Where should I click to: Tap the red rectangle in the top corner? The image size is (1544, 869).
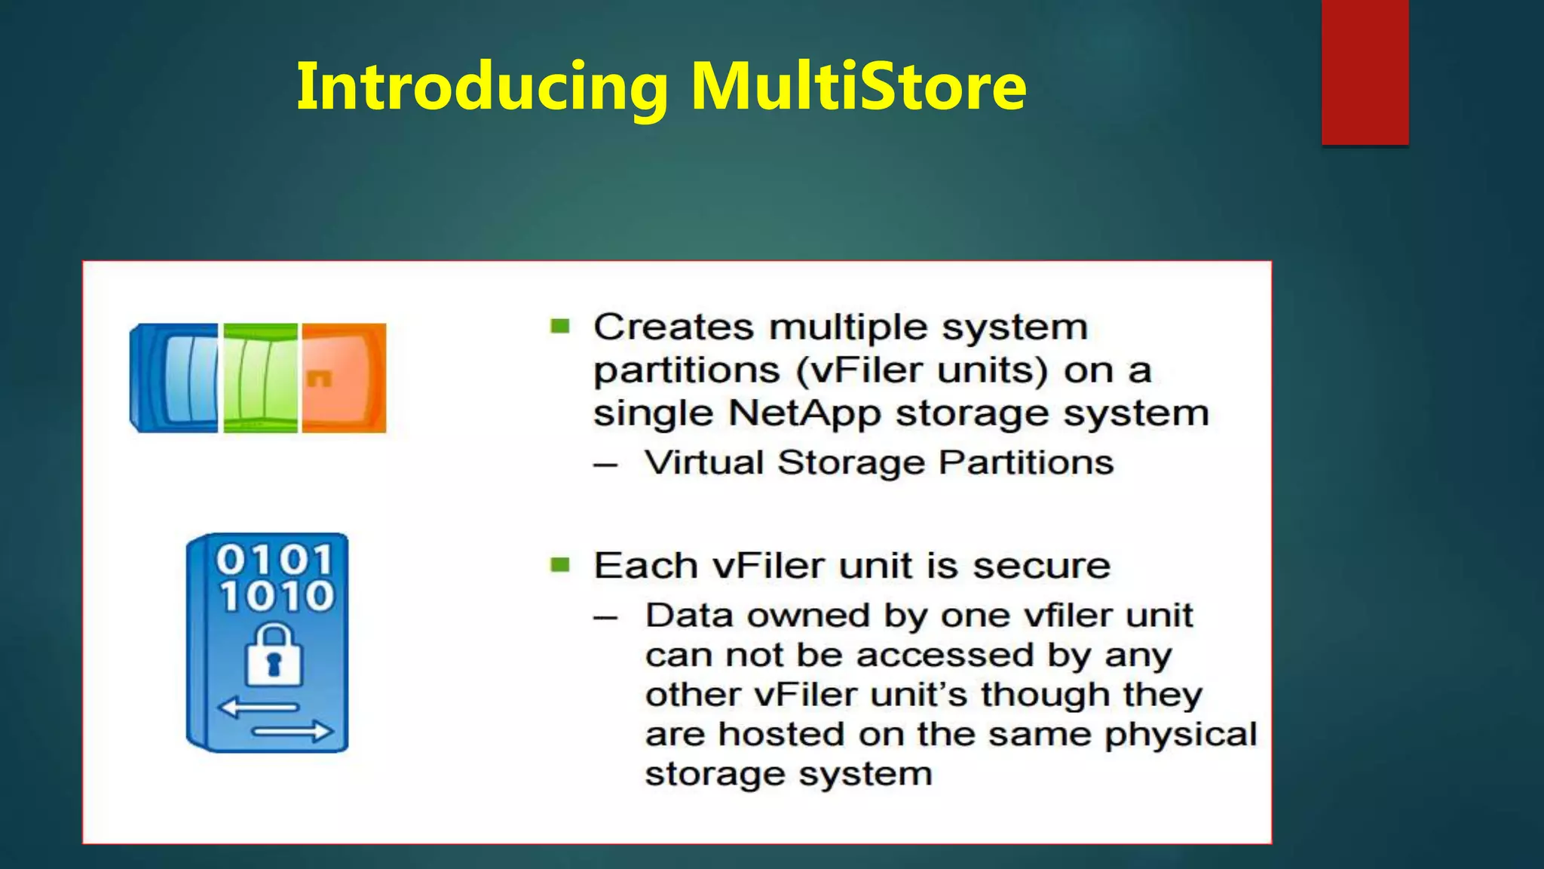pyautogui.click(x=1365, y=72)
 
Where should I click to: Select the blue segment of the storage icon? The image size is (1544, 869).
pyautogui.click(x=175, y=377)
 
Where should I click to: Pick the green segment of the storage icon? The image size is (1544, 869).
pyautogui.click(x=261, y=377)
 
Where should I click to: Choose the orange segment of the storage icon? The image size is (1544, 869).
pyautogui.click(x=344, y=377)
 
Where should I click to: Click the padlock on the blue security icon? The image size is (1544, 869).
pyautogui.click(x=274, y=655)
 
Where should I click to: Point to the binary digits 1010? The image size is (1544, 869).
pyautogui.click(x=276, y=596)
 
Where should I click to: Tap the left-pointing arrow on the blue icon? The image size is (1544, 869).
pyautogui.click(x=259, y=708)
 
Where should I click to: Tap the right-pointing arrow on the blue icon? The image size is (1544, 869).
pyautogui.click(x=292, y=731)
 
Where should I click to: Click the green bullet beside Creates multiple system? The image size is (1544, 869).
pyautogui.click(x=559, y=326)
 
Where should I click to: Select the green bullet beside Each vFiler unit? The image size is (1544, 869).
pyautogui.click(x=559, y=564)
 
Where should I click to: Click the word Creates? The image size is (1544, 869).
pyautogui.click(x=673, y=327)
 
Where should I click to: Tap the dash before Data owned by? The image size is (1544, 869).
pyautogui.click(x=605, y=618)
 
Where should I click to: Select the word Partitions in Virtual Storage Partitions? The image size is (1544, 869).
pyautogui.click(x=1026, y=462)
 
